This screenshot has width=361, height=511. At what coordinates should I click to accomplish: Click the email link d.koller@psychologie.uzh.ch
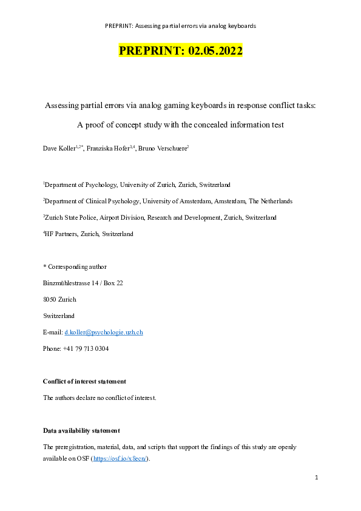[103, 333]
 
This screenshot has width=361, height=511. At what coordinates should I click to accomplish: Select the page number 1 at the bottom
[316, 478]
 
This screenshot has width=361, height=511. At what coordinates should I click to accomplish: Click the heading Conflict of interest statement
[84, 381]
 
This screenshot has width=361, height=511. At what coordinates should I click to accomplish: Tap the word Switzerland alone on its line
[59, 316]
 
